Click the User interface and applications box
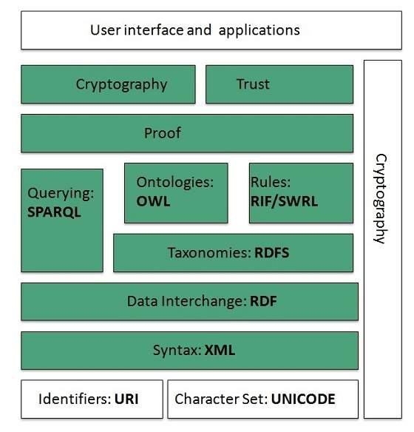[194, 30]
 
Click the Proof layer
[186, 133]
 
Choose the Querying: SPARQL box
[62, 220]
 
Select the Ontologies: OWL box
[176, 192]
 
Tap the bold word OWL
[153, 200]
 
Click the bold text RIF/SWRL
[284, 200]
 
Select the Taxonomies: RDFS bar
[233, 253]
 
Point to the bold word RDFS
[271, 253]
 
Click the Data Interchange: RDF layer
[189, 301]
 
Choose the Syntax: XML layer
[189, 350]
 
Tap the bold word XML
[220, 350]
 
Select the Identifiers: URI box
[91, 399]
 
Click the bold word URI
[126, 399]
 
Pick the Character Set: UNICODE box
[262, 399]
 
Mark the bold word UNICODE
[303, 399]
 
